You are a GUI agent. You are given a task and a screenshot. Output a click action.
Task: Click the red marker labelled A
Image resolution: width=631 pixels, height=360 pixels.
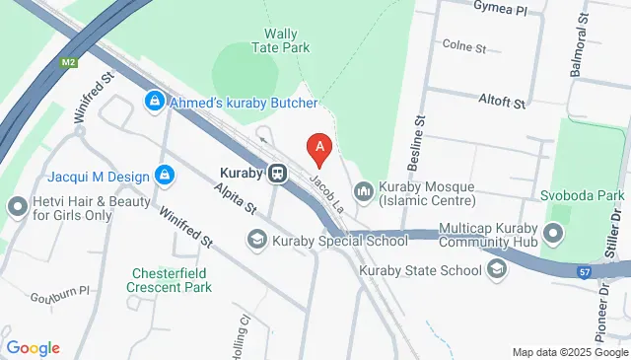[319, 150]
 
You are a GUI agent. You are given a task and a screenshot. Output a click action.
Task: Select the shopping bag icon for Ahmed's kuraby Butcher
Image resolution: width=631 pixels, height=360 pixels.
[155, 102]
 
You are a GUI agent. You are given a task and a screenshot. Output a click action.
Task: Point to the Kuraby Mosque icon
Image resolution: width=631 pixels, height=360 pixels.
[364, 187]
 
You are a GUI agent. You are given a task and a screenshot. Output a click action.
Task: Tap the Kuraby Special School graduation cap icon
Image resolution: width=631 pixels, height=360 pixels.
[256, 240]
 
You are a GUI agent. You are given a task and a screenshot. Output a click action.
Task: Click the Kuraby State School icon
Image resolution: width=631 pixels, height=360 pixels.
[497, 269]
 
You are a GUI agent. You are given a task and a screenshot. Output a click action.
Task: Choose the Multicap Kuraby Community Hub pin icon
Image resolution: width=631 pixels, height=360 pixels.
[552, 235]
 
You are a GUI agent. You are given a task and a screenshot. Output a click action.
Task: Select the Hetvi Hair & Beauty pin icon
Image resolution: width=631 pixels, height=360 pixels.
[17, 207]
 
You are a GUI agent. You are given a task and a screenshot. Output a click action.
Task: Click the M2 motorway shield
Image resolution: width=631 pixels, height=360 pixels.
[68, 63]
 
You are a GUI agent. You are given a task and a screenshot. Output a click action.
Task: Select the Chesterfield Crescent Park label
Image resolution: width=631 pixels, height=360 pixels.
[170, 280]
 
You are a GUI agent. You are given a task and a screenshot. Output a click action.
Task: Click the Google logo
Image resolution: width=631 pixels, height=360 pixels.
[33, 347]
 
